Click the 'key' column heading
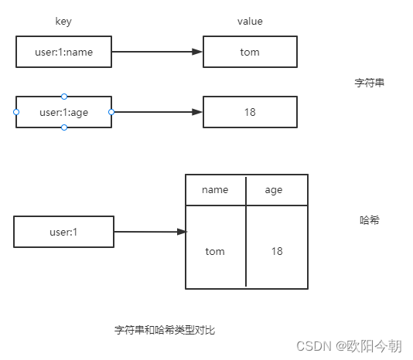pyautogui.click(x=63, y=22)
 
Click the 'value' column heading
pyautogui.click(x=250, y=22)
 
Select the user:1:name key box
pyautogui.click(x=63, y=53)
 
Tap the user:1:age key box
pyautogui.click(x=63, y=112)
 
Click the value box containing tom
pyautogui.click(x=250, y=53)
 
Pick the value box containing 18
pyautogui.click(x=250, y=112)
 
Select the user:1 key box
pyautogui.click(x=63, y=232)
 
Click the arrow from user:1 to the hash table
pyautogui.click(x=150, y=231)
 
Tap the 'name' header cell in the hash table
pyautogui.click(x=215, y=190)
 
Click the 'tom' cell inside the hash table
pyautogui.click(x=215, y=251)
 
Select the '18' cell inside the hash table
pyautogui.click(x=277, y=251)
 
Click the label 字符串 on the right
pyautogui.click(x=369, y=83)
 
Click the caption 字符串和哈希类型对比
pyautogui.click(x=164, y=330)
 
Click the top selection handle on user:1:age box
pyautogui.click(x=64, y=97)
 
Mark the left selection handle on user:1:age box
pyautogui.click(x=16, y=112)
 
